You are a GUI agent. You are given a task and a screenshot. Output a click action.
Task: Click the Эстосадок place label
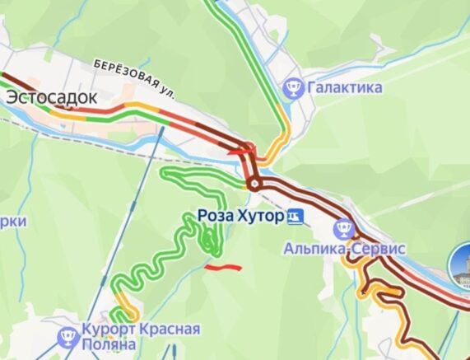(51, 97)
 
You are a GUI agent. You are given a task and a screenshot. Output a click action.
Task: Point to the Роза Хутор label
(240, 217)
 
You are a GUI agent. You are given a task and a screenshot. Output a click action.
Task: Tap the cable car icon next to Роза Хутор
(295, 217)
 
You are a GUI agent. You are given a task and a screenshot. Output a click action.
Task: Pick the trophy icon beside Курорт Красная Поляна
(67, 336)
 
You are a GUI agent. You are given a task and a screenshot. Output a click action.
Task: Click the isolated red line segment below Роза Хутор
(222, 267)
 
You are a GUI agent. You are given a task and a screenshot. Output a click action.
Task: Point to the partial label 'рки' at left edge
(12, 222)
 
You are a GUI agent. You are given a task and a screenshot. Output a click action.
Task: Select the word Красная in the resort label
(169, 329)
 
